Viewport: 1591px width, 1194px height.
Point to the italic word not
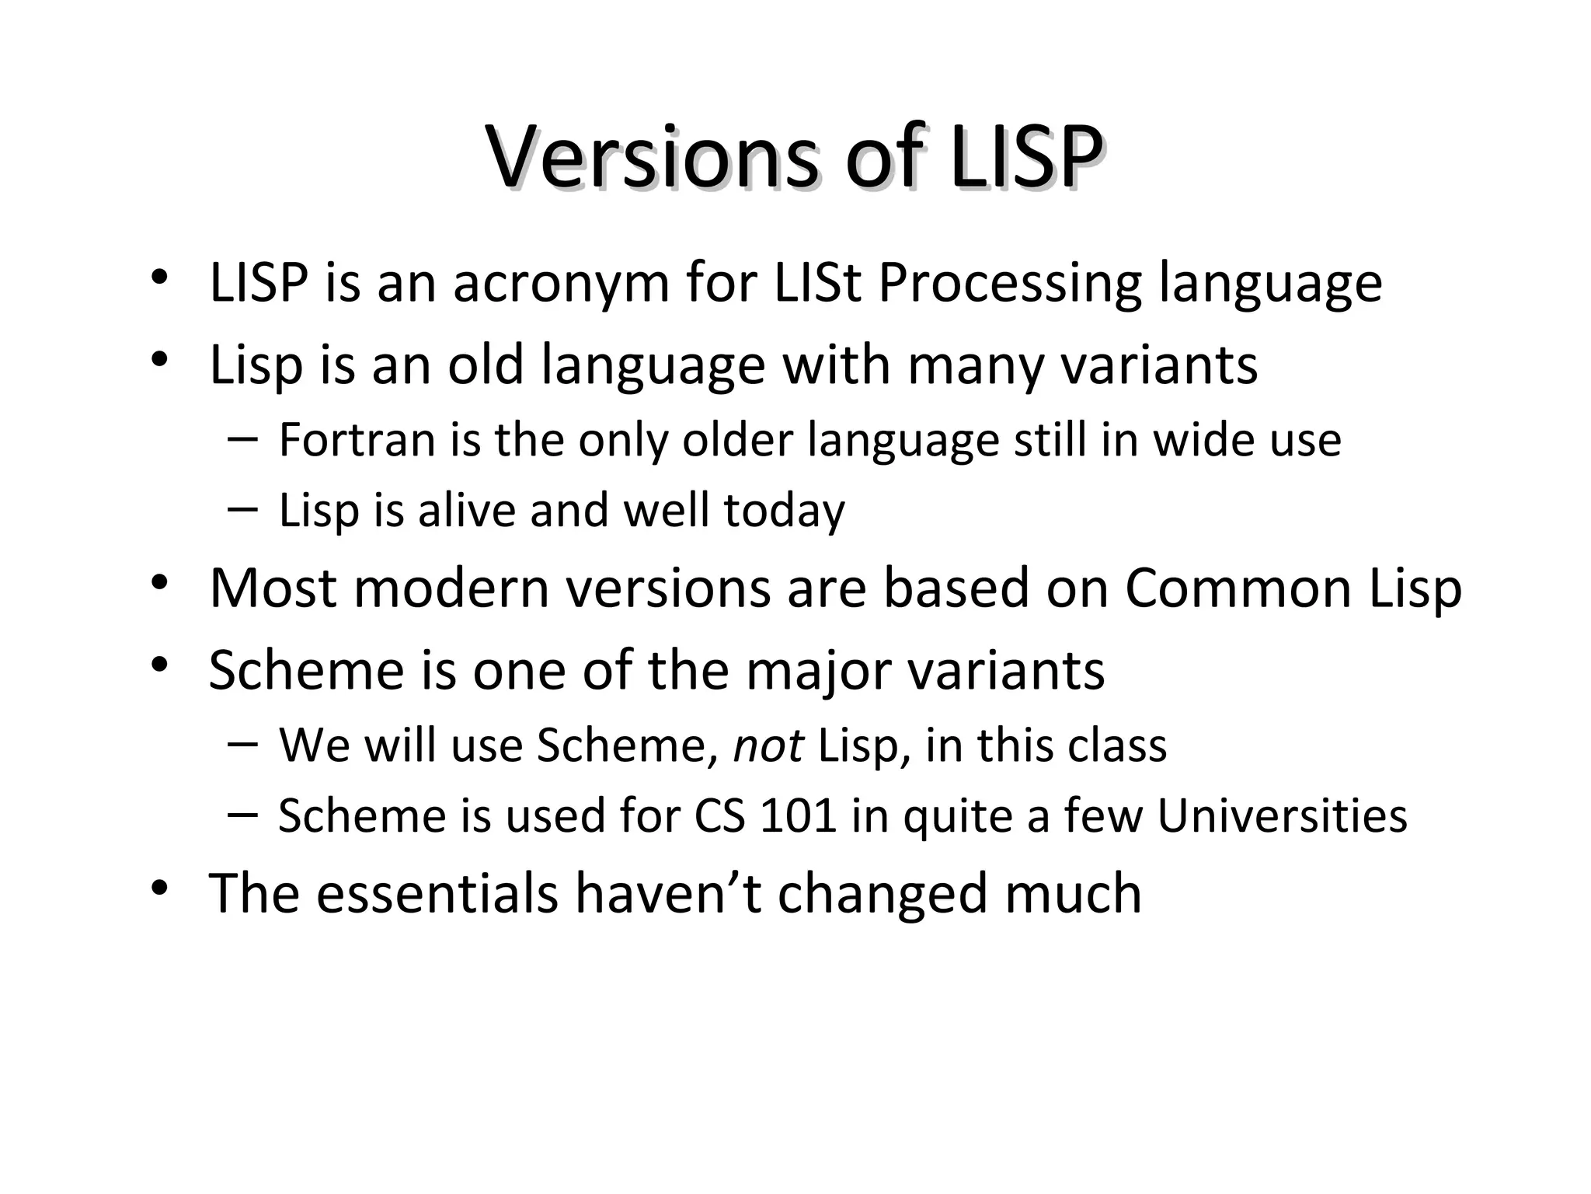tap(768, 745)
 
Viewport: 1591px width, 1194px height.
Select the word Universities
tap(1282, 816)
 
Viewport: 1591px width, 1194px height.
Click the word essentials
tap(437, 893)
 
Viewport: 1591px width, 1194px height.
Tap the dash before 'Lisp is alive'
tap(242, 509)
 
